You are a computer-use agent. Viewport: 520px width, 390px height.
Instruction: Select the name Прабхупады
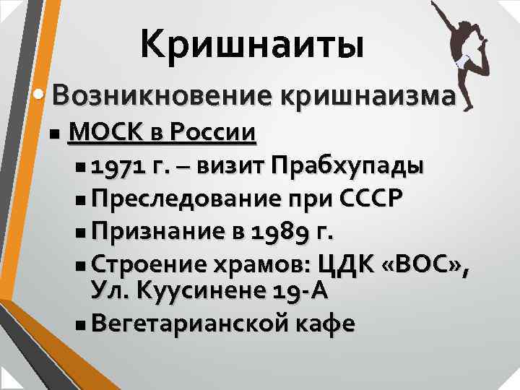pyautogui.click(x=347, y=168)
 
